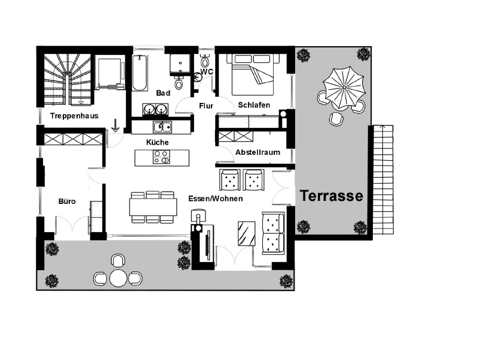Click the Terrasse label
coord(332,196)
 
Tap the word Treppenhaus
coord(74,116)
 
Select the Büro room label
coord(67,202)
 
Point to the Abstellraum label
coord(258,152)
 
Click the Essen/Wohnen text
coord(216,199)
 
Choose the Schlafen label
coord(254,105)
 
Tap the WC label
coord(207,72)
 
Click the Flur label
coord(206,106)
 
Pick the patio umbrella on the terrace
coord(344,87)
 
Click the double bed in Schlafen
coord(253,75)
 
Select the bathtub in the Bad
coord(140,73)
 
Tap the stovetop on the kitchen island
coord(161,157)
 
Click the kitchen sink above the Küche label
coord(163,127)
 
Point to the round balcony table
coord(118,278)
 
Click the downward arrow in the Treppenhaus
coord(115,126)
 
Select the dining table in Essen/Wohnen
coord(153,207)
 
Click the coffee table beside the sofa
coord(247,233)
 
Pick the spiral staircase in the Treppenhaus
coord(68,80)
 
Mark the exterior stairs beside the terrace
coord(383,179)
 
